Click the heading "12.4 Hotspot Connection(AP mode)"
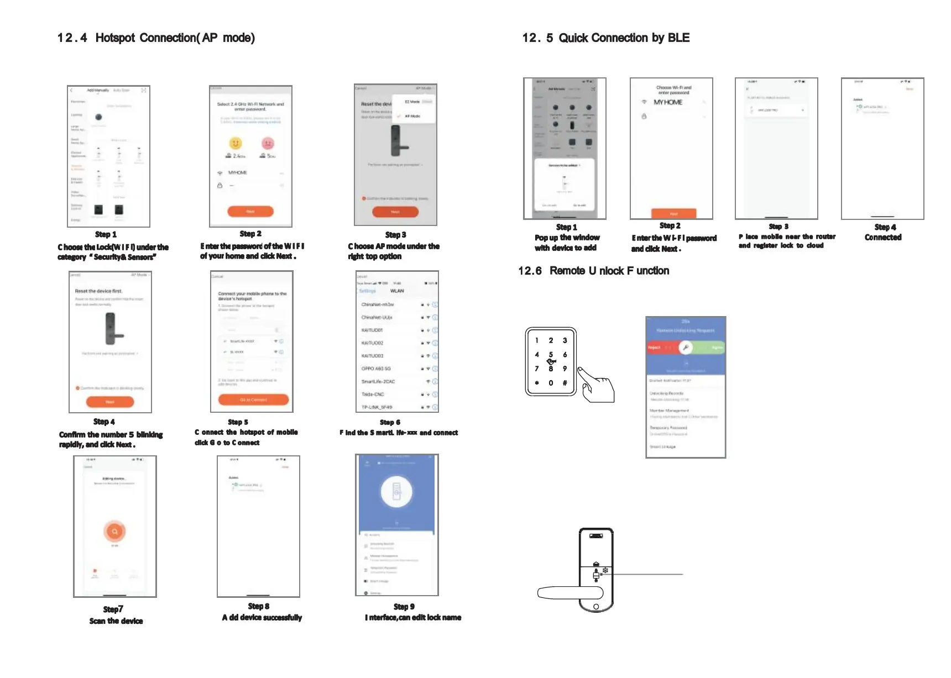point(156,38)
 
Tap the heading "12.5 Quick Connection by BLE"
point(606,38)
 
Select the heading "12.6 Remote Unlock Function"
point(593,271)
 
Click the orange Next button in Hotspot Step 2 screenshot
point(250,211)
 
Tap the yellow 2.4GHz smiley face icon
point(236,144)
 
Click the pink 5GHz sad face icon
point(268,144)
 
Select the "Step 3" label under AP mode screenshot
point(395,235)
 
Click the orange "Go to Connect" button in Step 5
point(253,400)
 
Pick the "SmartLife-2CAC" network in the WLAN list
point(378,381)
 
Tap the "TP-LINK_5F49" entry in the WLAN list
point(377,407)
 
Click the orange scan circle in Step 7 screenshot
point(114,532)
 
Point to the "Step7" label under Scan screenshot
point(113,609)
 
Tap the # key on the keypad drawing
point(565,383)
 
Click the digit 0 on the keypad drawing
point(551,383)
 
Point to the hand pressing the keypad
point(597,384)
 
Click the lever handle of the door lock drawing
point(569,593)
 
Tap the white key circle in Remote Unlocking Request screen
point(686,348)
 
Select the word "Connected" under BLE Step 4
point(883,238)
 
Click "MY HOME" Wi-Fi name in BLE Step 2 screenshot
point(668,102)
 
